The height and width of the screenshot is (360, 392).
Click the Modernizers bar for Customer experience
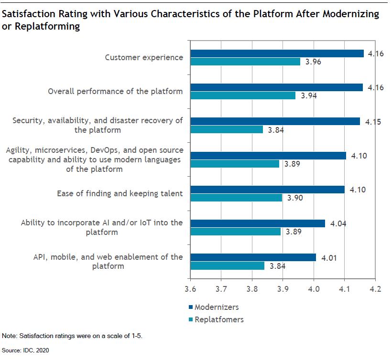(x=277, y=53)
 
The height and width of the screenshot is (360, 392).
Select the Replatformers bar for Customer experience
(x=246, y=62)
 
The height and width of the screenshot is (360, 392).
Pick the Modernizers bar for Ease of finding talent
(x=268, y=190)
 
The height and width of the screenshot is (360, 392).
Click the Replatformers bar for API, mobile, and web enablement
(x=228, y=265)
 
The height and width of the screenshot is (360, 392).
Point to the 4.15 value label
(x=373, y=122)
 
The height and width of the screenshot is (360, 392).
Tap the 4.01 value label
(x=328, y=257)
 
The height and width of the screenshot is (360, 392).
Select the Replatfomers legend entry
(x=218, y=319)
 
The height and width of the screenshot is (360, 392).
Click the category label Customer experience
(x=144, y=57)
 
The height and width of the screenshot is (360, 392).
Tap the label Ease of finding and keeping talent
(x=120, y=193)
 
